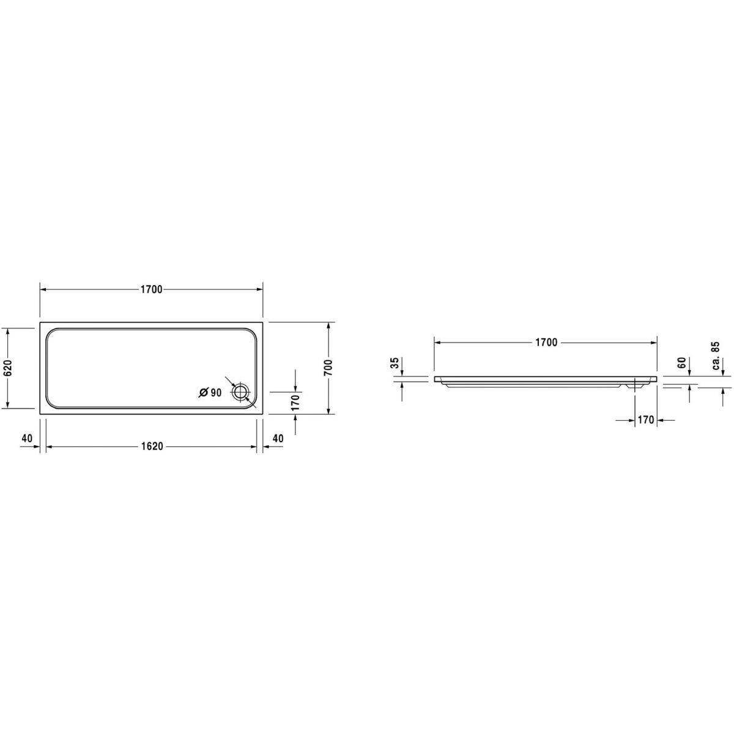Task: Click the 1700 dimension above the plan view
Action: pos(152,289)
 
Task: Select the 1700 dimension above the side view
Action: pos(546,343)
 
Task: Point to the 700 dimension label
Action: pos(328,368)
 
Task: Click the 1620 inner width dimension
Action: pos(152,446)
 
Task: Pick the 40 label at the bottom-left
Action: pos(27,438)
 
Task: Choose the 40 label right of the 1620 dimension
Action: pos(278,438)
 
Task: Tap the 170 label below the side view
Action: pos(646,420)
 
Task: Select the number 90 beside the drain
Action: pos(216,393)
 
